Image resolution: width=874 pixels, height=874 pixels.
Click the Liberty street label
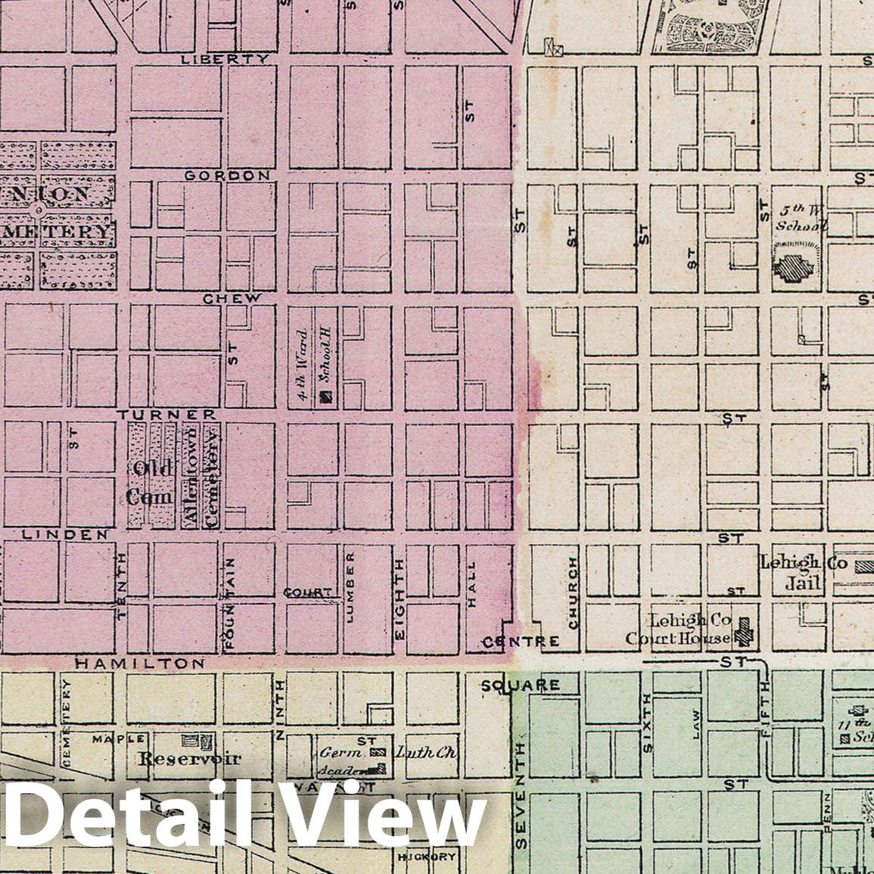[225, 58]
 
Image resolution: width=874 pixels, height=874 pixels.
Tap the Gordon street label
[227, 175]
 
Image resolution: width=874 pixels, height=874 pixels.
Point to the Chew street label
[232, 298]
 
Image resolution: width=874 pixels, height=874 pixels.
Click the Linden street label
[64, 534]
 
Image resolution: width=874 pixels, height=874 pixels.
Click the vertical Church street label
[573, 593]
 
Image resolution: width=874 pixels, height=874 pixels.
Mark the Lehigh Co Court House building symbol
[745, 631]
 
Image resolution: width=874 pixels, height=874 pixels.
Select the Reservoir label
[189, 757]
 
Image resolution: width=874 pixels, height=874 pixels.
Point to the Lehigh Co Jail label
[791, 573]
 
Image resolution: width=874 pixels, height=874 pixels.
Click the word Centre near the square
[522, 642]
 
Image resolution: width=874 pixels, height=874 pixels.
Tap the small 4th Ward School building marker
[326, 395]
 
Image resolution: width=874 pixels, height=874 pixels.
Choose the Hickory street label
[426, 857]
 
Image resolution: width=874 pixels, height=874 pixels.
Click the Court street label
[308, 592]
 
